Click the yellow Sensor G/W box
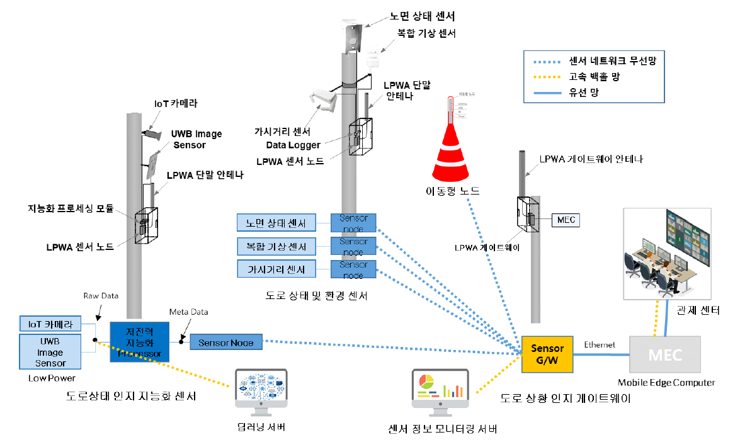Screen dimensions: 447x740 (x=547, y=354)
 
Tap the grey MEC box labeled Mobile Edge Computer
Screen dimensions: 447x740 (x=664, y=355)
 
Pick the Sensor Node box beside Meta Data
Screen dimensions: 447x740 (x=226, y=342)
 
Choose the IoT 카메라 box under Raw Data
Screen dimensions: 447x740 (x=50, y=325)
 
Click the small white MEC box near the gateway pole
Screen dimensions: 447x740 (x=565, y=220)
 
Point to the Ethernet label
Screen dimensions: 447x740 (x=600, y=344)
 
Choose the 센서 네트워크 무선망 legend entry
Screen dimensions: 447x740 (x=594, y=61)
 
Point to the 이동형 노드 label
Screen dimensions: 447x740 (x=453, y=190)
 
